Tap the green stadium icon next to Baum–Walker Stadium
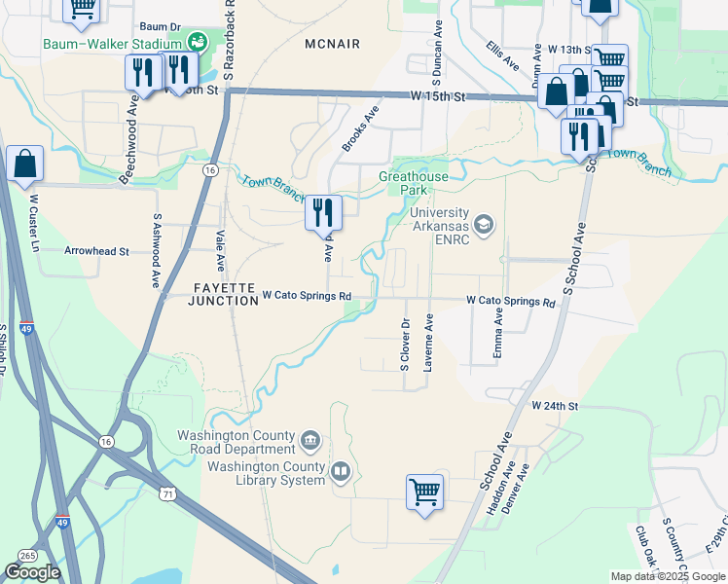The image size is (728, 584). pyautogui.click(x=198, y=41)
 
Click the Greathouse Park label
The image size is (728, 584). pyautogui.click(x=414, y=183)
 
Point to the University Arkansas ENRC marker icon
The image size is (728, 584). pyautogui.click(x=485, y=226)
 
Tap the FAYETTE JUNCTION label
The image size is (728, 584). pyautogui.click(x=211, y=289)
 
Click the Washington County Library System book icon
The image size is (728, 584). pyautogui.click(x=340, y=474)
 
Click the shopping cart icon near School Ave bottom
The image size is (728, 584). pyautogui.click(x=424, y=492)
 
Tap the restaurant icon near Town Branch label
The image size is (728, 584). pyautogui.click(x=323, y=212)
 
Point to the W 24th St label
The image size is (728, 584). pyautogui.click(x=555, y=405)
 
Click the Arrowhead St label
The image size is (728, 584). pyautogui.click(x=96, y=251)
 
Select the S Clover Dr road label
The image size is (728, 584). pyautogui.click(x=404, y=345)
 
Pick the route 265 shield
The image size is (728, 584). pyautogui.click(x=27, y=555)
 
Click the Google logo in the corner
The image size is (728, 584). pyautogui.click(x=32, y=572)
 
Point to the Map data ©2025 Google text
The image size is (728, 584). pyautogui.click(x=668, y=576)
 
